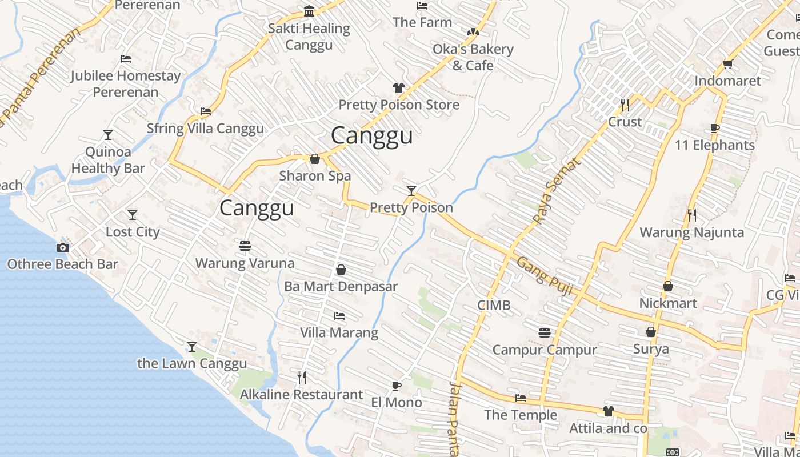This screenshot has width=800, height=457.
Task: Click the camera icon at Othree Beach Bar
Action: pos(63,247)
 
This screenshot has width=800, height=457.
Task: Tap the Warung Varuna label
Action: pos(245,263)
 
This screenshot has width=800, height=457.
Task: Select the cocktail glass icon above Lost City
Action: pos(133,215)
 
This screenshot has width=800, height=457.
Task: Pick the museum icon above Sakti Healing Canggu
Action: pos(309,11)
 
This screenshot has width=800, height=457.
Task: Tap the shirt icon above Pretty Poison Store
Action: pos(399,88)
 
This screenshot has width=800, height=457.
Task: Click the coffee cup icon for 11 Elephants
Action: pos(714,128)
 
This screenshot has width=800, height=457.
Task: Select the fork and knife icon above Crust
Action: pos(625,105)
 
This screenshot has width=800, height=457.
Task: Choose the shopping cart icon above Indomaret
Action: pos(727,64)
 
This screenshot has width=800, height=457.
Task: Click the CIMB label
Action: pos(494,306)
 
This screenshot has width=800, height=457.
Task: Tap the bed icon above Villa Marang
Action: pos(339,315)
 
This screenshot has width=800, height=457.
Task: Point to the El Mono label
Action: pos(397,402)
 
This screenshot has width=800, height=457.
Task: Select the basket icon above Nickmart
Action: pos(668,286)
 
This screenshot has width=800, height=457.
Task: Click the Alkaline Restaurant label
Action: pos(301,394)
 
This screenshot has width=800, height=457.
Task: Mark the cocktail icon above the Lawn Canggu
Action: pos(192,347)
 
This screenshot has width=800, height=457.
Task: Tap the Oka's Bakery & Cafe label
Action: pos(473,57)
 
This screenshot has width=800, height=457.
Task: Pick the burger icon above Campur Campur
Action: pos(545,332)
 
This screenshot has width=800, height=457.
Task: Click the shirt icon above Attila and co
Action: pos(608,411)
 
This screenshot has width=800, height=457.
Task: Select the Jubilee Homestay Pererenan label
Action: pos(126,83)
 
